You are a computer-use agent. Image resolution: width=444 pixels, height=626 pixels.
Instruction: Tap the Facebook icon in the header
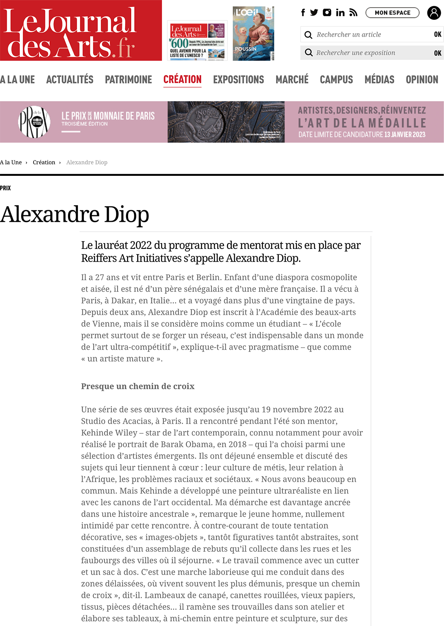(x=303, y=13)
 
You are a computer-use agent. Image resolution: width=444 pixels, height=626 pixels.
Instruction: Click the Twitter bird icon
(x=314, y=13)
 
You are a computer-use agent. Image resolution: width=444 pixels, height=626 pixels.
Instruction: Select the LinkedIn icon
(x=340, y=13)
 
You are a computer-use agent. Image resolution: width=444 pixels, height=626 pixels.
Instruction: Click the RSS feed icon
(x=353, y=13)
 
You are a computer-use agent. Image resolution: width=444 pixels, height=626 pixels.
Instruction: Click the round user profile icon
(x=434, y=13)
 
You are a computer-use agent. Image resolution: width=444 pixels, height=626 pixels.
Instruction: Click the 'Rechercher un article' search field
(x=371, y=35)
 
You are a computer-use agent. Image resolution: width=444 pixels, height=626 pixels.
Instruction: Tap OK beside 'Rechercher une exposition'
(x=437, y=53)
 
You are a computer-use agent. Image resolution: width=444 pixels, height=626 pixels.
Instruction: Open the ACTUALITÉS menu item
(x=70, y=80)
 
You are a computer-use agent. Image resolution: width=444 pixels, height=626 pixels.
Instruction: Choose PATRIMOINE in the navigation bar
(x=129, y=80)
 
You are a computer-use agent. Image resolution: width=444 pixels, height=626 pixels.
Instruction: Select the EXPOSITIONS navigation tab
(x=239, y=80)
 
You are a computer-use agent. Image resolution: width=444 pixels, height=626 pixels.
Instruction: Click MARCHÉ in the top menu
(x=292, y=80)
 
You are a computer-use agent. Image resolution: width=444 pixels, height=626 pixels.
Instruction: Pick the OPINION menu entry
(x=422, y=80)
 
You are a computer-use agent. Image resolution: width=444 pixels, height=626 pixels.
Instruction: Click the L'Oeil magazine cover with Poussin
(x=253, y=34)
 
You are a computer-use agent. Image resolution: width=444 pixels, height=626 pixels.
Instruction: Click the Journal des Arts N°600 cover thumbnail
(x=197, y=41)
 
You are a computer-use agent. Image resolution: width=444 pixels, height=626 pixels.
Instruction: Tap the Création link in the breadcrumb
(x=44, y=162)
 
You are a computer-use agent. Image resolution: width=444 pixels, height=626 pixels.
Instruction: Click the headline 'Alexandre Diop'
(x=75, y=214)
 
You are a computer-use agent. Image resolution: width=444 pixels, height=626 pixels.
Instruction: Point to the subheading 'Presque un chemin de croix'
(x=138, y=386)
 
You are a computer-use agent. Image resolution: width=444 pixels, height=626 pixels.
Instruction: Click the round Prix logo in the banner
(x=34, y=122)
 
